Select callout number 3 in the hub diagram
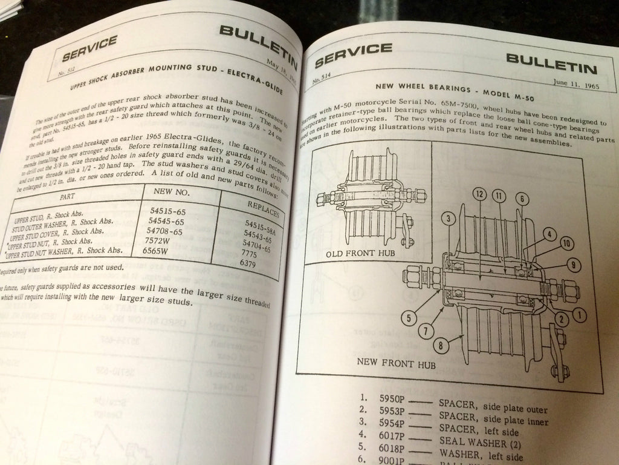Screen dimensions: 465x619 pos(447,219)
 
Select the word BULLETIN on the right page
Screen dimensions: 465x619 pos(551,60)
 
